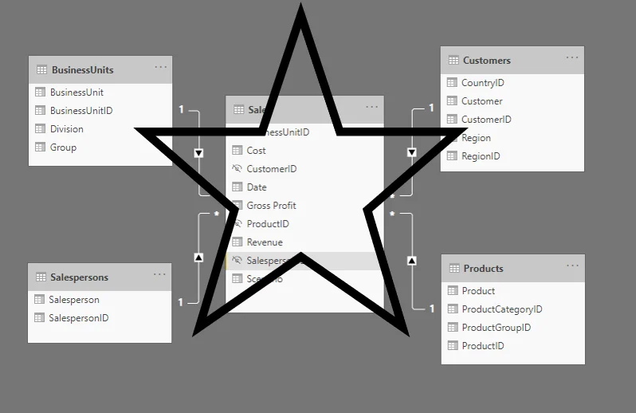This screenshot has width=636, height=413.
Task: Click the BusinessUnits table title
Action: [x=82, y=69]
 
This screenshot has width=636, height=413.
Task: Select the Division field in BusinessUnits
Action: [x=66, y=128]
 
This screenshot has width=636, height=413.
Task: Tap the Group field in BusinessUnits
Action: [x=63, y=147]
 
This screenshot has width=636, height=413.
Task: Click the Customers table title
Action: [x=486, y=60]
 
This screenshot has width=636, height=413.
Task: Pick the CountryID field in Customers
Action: [x=482, y=82]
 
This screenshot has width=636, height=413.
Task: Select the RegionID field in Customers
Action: [x=481, y=156]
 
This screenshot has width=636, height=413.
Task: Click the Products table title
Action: [x=483, y=268]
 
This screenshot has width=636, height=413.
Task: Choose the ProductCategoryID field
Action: [x=501, y=309]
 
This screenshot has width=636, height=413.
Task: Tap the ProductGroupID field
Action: [x=496, y=328]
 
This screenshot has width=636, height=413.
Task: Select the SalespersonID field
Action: [x=78, y=318]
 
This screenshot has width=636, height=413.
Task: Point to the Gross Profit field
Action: [x=271, y=205]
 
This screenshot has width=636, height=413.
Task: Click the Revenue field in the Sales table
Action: [x=265, y=242]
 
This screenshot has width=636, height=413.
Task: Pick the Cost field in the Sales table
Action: [x=256, y=150]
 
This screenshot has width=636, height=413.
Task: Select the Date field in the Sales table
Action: [x=257, y=187]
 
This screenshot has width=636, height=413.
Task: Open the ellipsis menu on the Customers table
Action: [x=572, y=58]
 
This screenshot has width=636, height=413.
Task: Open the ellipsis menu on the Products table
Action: [x=573, y=266]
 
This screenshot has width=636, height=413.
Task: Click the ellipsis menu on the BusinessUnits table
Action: [x=161, y=68]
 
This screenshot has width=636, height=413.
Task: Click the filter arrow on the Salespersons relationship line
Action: [x=198, y=258]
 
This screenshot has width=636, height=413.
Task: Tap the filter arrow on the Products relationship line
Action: [x=412, y=260]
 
